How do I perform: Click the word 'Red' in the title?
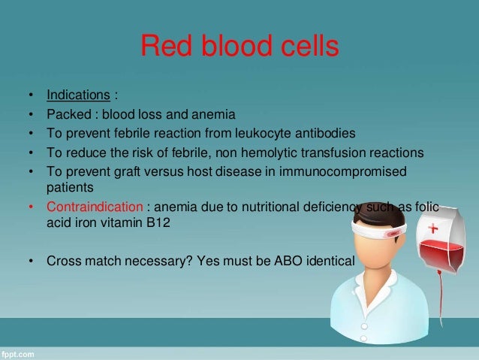[x=166, y=46]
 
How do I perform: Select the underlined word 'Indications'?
[x=78, y=95]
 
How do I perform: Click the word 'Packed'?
[x=69, y=114]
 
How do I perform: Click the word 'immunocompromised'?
[x=343, y=172]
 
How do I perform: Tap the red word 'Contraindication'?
[x=95, y=207]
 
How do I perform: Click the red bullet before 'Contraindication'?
[x=31, y=207]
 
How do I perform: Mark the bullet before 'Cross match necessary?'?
[x=31, y=262]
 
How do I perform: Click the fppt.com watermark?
[x=17, y=355]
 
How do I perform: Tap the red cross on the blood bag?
[x=433, y=228]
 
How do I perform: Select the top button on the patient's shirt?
[x=364, y=327]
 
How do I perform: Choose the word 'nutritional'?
[x=270, y=207]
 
